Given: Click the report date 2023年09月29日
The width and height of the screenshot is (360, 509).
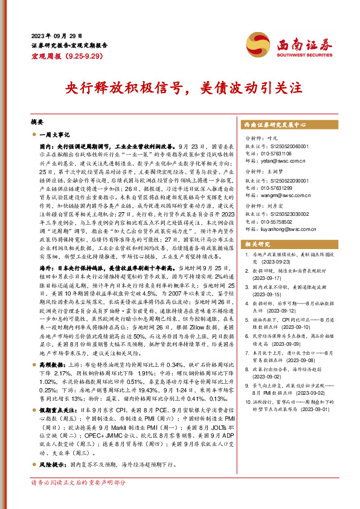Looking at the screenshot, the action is pos(56,35).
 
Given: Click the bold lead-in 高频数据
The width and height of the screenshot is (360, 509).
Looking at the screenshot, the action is pos(53,348).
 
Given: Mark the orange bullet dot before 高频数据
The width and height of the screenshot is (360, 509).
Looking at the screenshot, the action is pos(34,349).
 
